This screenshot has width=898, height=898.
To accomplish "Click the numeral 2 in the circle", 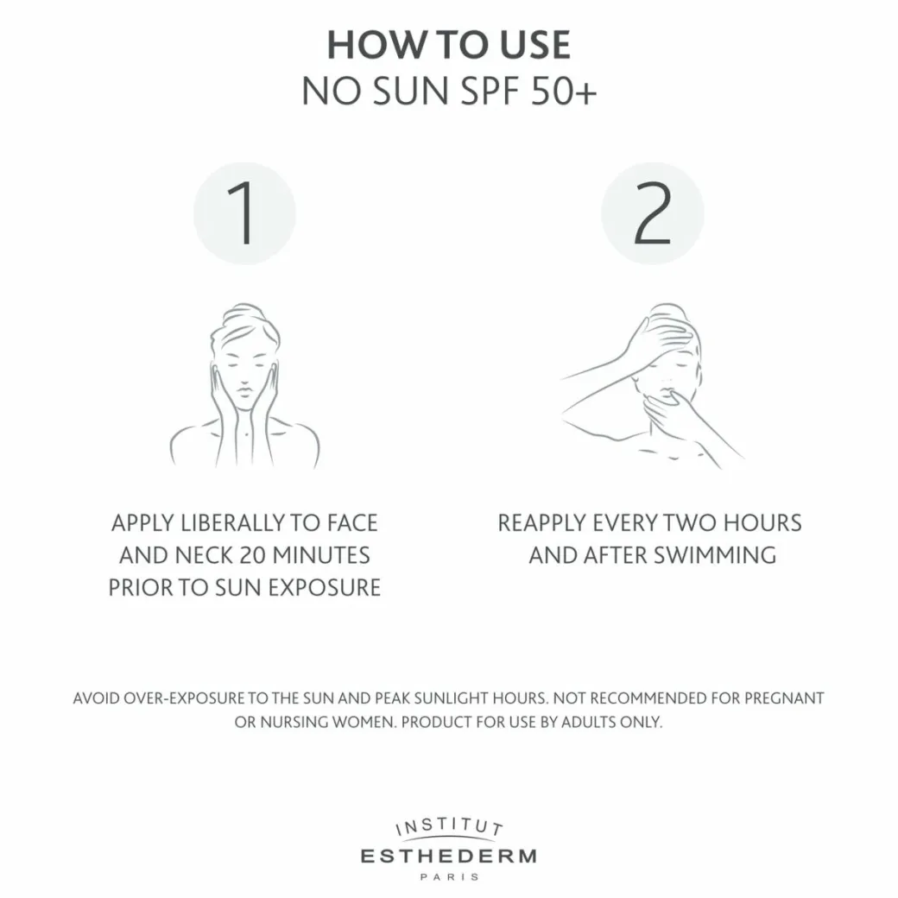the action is click(x=652, y=213).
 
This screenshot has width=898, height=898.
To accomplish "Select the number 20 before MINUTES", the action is click(x=252, y=555).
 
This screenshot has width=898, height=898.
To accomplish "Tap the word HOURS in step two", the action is click(x=762, y=523).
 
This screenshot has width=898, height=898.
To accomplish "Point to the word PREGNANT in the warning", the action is click(x=784, y=699).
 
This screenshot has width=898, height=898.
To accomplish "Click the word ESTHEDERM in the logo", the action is click(x=449, y=857).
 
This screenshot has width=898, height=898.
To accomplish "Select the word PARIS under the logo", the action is click(x=449, y=876).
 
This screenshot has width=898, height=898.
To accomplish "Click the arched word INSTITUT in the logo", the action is click(x=449, y=826).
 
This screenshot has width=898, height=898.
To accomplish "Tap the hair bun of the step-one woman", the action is click(x=243, y=313).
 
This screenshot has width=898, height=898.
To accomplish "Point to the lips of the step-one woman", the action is click(x=244, y=391).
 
